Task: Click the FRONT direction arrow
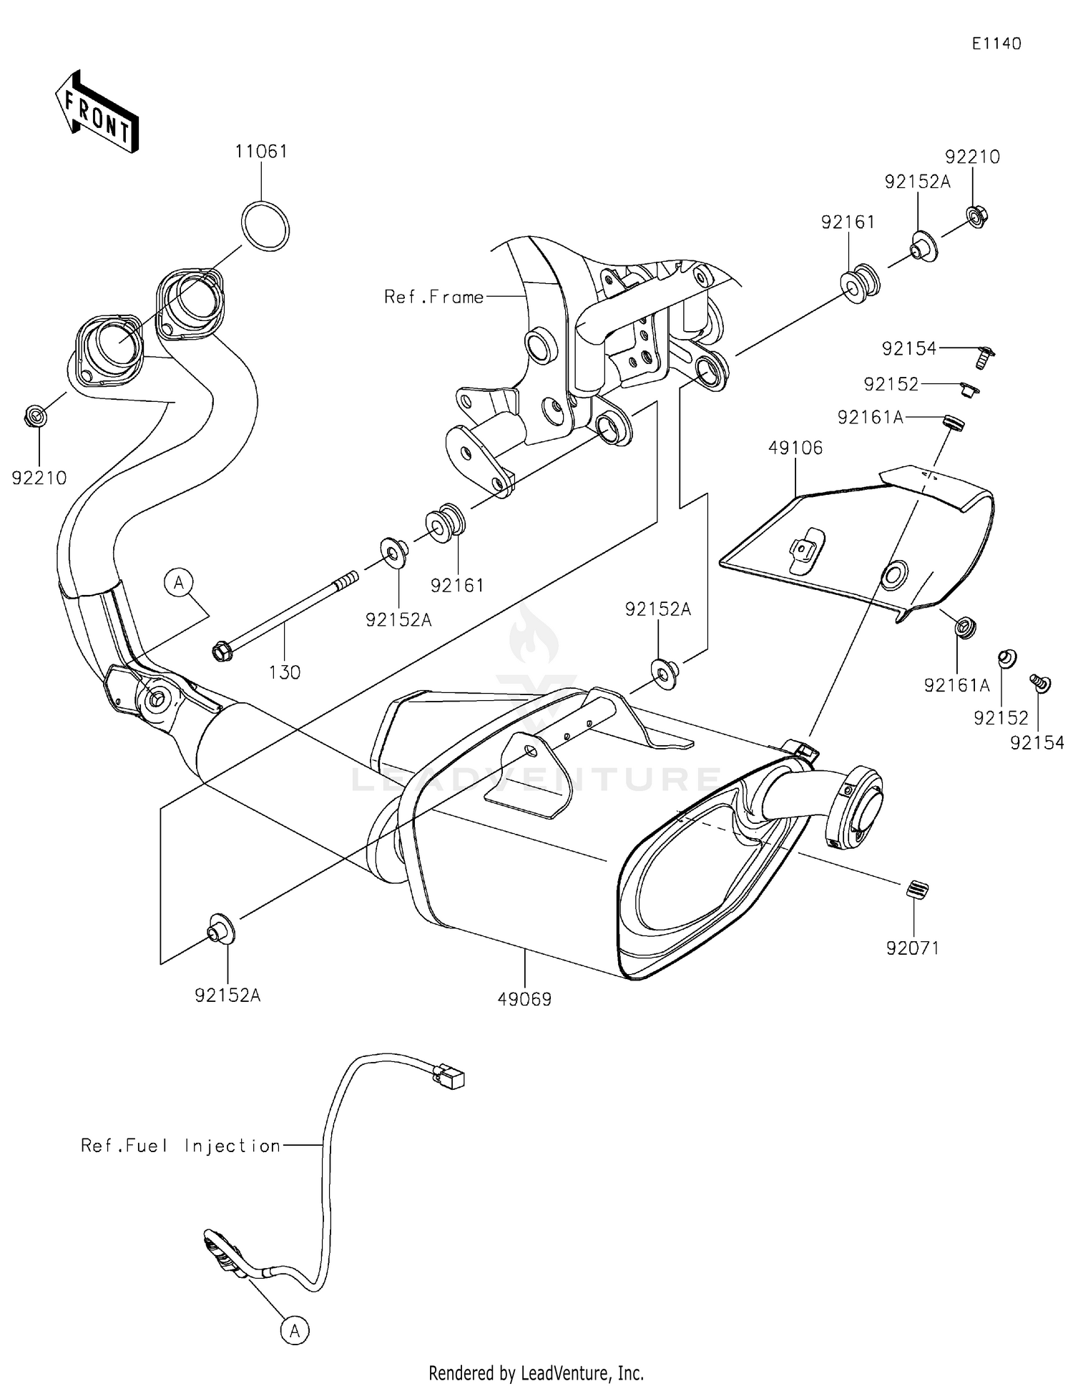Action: click(96, 113)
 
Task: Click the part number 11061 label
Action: click(261, 152)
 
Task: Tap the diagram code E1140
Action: click(996, 44)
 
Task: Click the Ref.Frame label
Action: click(433, 297)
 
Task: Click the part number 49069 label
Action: click(524, 1000)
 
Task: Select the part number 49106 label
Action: click(795, 448)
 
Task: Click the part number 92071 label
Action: click(912, 948)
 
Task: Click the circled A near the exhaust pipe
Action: click(179, 583)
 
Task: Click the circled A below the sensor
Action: click(294, 1330)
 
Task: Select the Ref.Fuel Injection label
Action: click(180, 1146)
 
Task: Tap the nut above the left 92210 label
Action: click(36, 416)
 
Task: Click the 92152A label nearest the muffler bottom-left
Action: click(227, 995)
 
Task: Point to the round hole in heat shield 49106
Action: click(895, 576)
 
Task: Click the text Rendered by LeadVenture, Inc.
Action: click(536, 1373)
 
